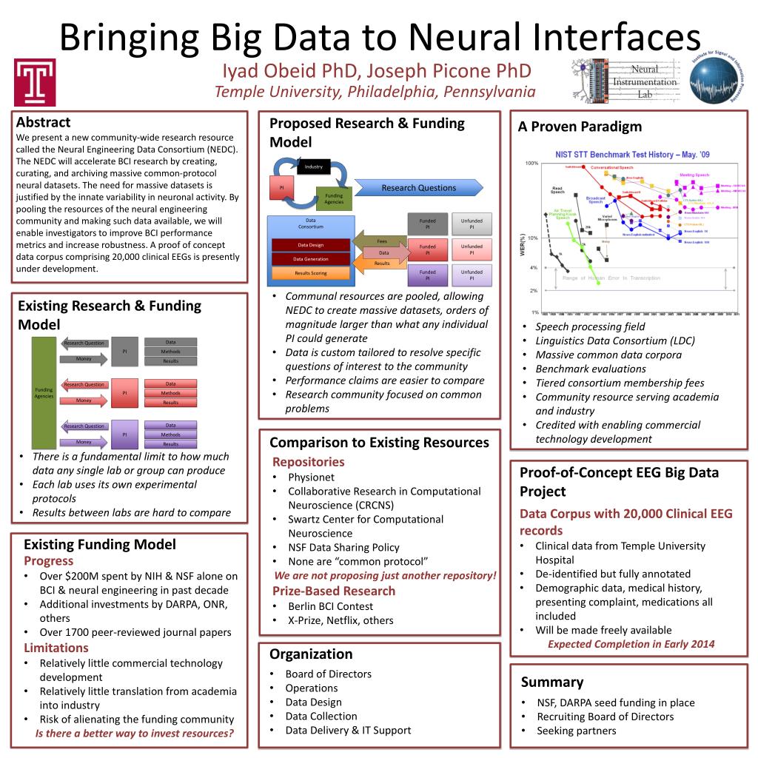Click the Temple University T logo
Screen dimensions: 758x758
(34, 82)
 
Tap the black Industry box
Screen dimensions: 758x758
(313, 167)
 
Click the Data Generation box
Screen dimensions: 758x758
(310, 259)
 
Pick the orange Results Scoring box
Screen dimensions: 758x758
(310, 273)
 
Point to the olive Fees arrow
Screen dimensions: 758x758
(380, 241)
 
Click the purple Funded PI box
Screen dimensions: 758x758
(427, 275)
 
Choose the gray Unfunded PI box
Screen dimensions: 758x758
(472, 224)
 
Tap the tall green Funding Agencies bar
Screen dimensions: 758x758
(44, 392)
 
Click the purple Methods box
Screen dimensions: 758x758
(171, 435)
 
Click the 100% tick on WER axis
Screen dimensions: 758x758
(531, 163)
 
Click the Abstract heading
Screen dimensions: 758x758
(43, 122)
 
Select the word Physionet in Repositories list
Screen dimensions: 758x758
(311, 477)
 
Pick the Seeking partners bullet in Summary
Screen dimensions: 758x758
(576, 731)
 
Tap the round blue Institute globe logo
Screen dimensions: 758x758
(714, 81)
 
